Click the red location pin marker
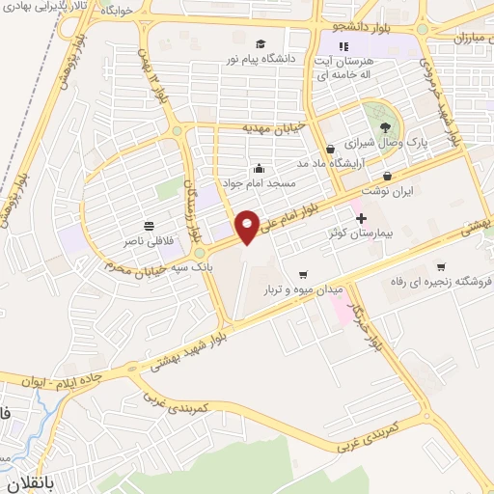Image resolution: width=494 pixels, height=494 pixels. tap(248, 226)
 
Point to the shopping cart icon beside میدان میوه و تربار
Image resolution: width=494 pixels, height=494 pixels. tap(304, 274)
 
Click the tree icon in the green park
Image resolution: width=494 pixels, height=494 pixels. tap(386, 126)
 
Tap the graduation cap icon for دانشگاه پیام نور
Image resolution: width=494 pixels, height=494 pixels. tap(261, 44)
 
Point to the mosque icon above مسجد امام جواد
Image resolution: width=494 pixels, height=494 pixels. tap(259, 168)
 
